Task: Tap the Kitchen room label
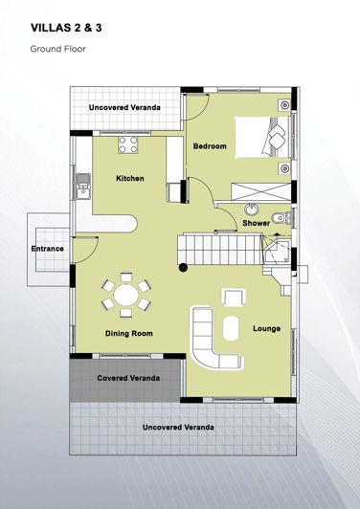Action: point(130,179)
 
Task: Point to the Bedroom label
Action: point(210,146)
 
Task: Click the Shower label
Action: point(256,223)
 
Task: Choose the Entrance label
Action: point(48,249)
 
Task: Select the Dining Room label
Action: point(128,334)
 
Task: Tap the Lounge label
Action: point(266,329)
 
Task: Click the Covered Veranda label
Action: point(128,377)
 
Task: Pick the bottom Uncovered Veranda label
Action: point(178,426)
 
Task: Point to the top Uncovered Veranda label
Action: point(125,108)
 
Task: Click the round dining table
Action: point(126,293)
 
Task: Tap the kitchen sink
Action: point(83,181)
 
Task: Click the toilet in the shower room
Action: point(278,219)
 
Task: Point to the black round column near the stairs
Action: point(183,268)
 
